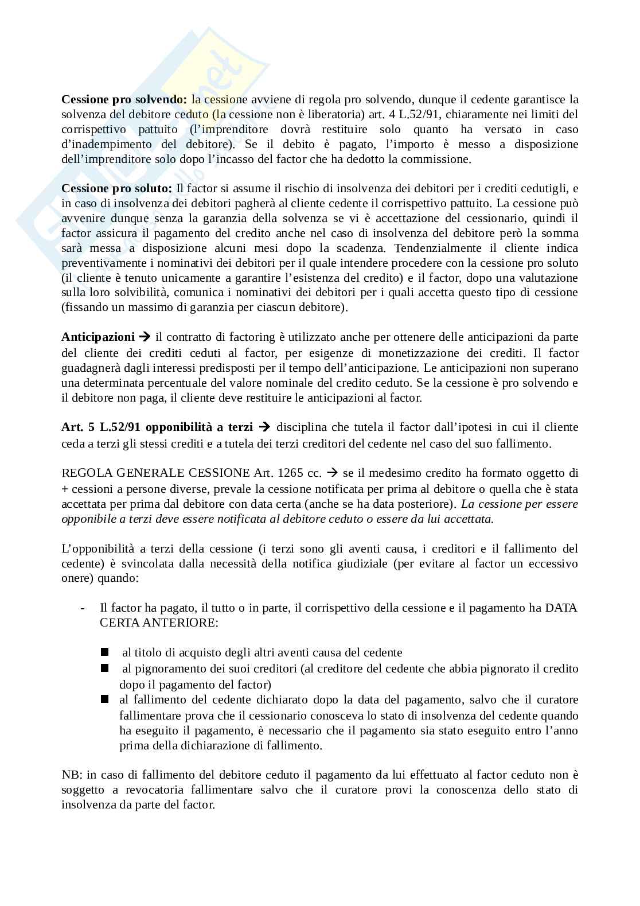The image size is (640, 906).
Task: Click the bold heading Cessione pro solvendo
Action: click(x=123, y=99)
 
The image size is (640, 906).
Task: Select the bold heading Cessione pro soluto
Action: click(x=116, y=188)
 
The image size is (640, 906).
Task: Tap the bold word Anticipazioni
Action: click(x=98, y=337)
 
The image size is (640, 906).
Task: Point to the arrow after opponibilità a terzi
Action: click(x=264, y=427)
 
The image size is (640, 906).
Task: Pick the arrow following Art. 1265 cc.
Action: click(x=332, y=473)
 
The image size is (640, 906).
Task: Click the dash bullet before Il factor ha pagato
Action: click(x=84, y=608)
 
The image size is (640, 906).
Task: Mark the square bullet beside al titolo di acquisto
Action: click(x=104, y=652)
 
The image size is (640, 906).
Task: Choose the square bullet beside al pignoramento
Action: click(x=104, y=668)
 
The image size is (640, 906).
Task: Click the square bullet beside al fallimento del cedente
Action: click(x=104, y=699)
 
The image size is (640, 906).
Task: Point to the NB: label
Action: click(x=71, y=775)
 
